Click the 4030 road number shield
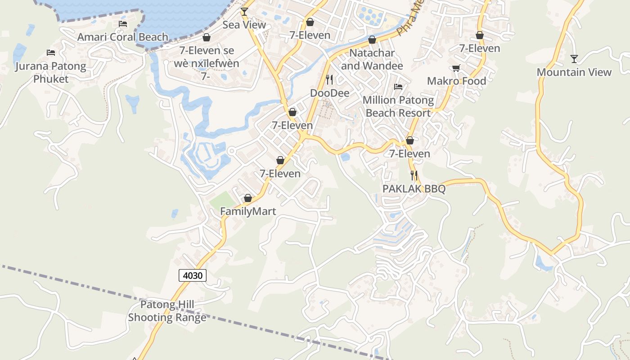pos(193,275)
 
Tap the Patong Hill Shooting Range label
pos(167,311)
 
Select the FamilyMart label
pos(248,211)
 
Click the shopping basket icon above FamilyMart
pos(247,198)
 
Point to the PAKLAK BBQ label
pos(414,189)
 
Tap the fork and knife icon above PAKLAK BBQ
pos(414,175)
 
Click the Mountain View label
pos(574,72)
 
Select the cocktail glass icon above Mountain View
pos(574,58)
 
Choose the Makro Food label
pos(456,81)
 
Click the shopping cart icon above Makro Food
pos(456,68)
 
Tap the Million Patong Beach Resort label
pos(398,106)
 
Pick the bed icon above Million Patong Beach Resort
pos(398,86)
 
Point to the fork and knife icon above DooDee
pos(329,80)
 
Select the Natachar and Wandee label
pos(372,59)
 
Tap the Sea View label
pos(244,25)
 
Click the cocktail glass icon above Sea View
pos(244,11)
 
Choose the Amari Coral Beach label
pos(123,37)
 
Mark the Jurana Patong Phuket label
pos(51,72)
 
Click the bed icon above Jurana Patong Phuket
pos(51,53)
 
